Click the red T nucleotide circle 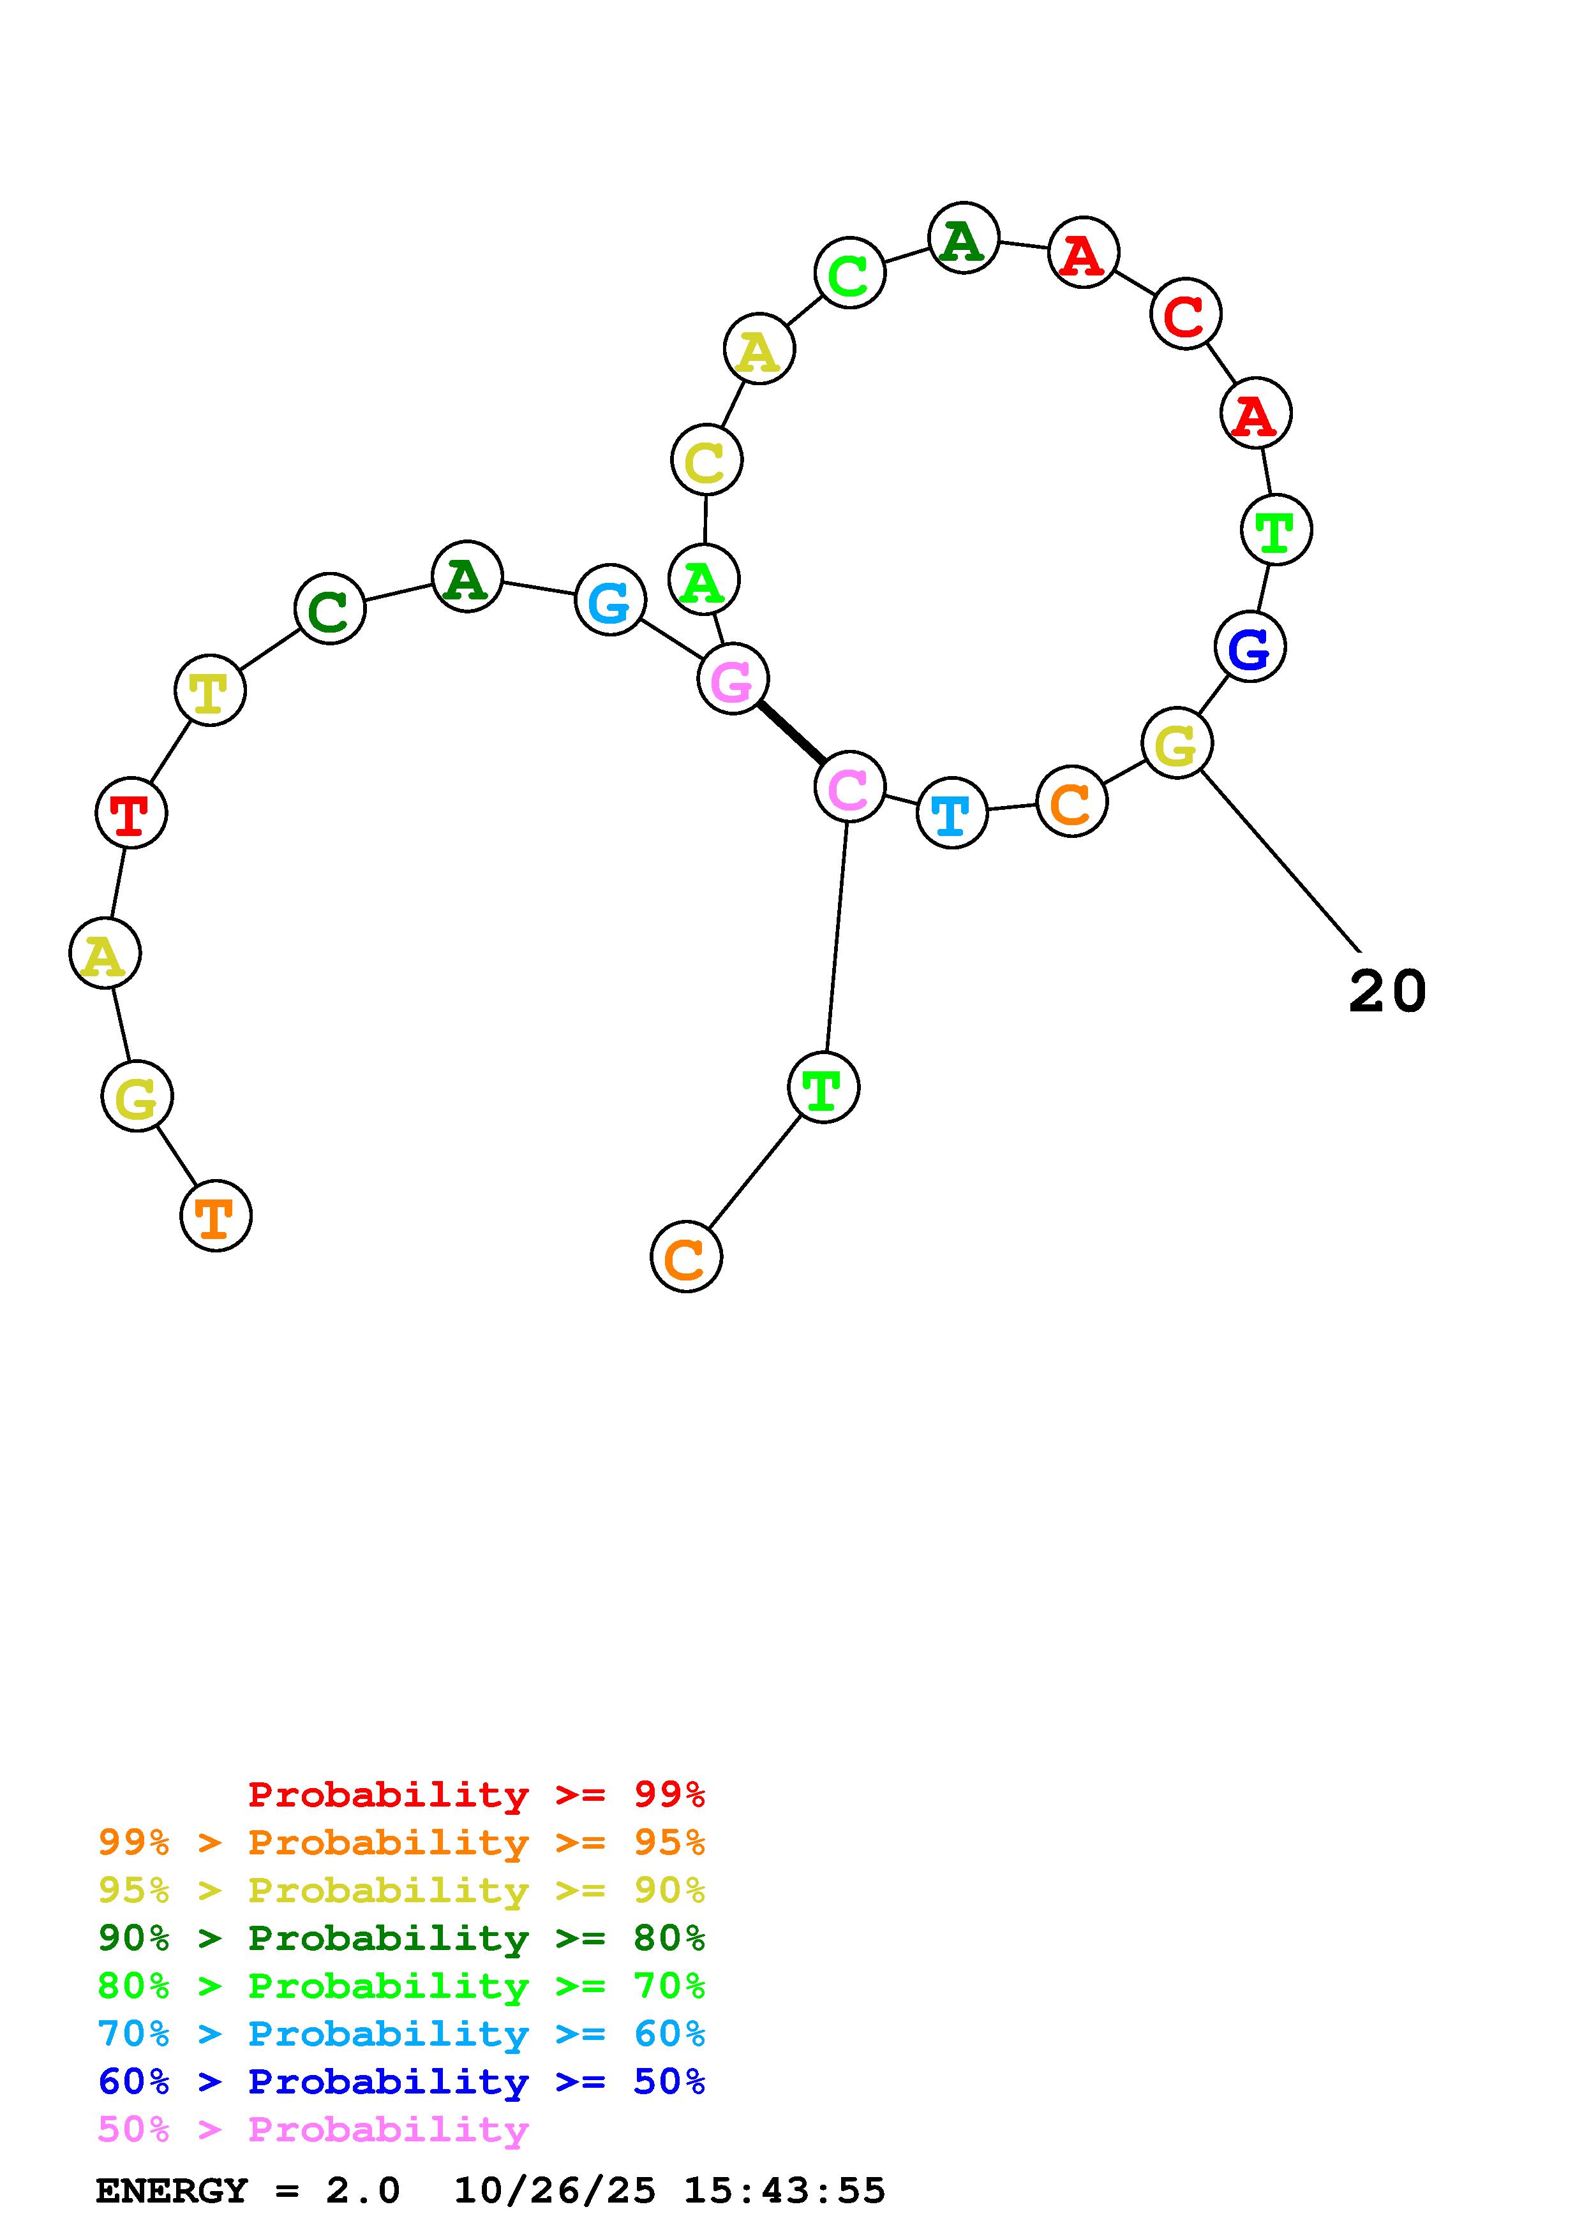tap(131, 812)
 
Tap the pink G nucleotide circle tap(733, 678)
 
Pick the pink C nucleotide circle tap(849, 786)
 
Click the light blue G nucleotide tap(610, 599)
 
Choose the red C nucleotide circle tap(1185, 314)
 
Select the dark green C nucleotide tap(329, 608)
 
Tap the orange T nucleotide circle tap(216, 1216)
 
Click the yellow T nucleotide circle tap(209, 690)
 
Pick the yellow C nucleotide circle tap(706, 460)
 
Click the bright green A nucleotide tap(704, 581)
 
